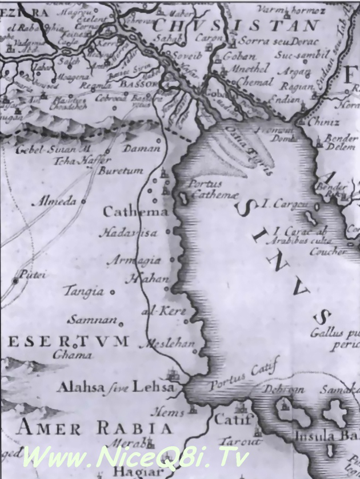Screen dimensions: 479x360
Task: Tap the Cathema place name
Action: point(135,212)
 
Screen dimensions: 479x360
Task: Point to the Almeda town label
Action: point(56,201)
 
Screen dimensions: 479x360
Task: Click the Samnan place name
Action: point(93,320)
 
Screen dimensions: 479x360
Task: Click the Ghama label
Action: point(72,355)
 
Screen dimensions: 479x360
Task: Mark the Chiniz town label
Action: point(323,122)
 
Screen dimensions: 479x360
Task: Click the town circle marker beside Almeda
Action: point(83,202)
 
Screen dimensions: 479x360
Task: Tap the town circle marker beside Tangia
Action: point(113,292)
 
